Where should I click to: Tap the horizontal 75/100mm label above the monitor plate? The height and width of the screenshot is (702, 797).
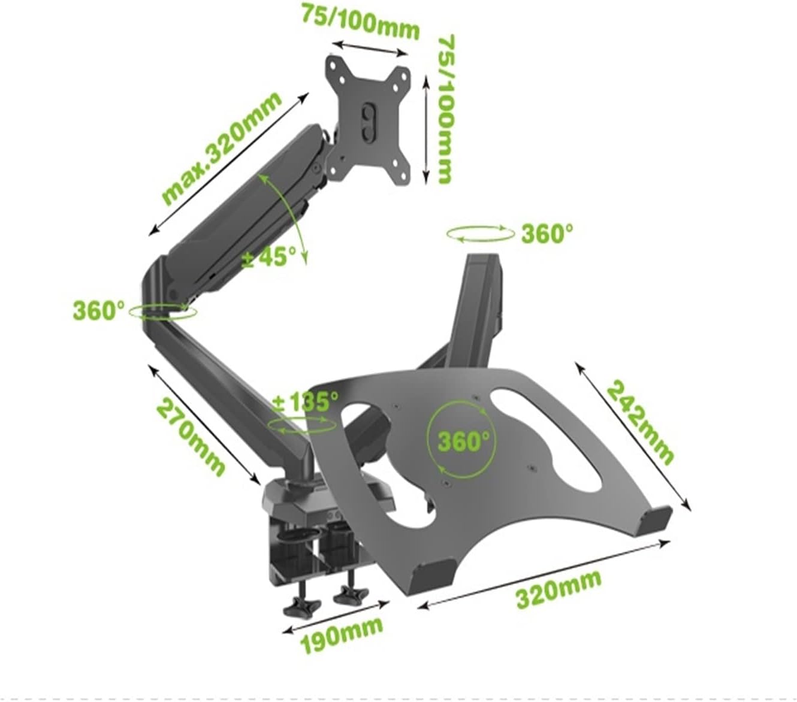[x=360, y=21]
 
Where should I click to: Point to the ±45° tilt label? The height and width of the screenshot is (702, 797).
[x=268, y=256]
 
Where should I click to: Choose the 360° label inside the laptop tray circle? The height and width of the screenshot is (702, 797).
[x=464, y=441]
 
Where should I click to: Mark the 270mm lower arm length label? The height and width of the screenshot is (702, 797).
[x=191, y=437]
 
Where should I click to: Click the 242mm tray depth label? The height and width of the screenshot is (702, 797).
[x=640, y=422]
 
